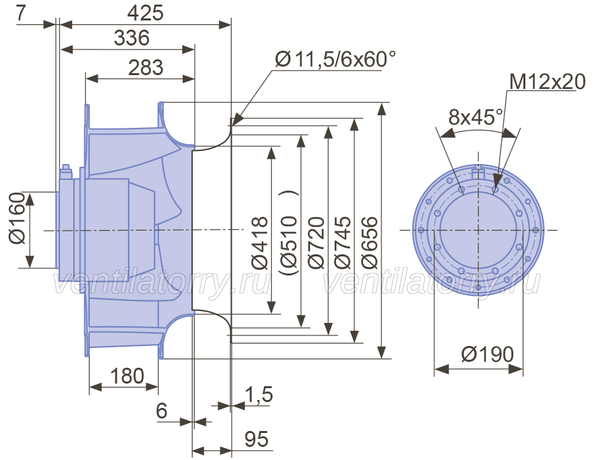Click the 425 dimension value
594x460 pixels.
click(x=145, y=13)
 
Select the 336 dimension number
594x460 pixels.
click(x=132, y=38)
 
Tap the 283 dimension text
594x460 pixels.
click(x=146, y=68)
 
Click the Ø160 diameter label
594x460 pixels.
click(x=17, y=218)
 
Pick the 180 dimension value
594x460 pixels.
click(x=127, y=376)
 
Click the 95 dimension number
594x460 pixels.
click(x=257, y=439)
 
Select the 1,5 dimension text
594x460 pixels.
click(x=259, y=395)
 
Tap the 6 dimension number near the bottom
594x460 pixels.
click(x=162, y=411)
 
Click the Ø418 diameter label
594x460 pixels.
click(x=260, y=243)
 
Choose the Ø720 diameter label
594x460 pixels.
click(x=316, y=243)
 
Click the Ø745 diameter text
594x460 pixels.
click(x=343, y=243)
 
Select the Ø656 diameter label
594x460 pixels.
click(x=370, y=243)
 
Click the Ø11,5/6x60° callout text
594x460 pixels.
click(x=335, y=59)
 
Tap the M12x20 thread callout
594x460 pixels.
click(x=547, y=82)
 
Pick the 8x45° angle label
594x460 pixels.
click(x=476, y=117)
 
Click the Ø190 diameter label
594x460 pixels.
click(x=488, y=355)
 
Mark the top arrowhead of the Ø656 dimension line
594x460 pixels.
click(x=383, y=109)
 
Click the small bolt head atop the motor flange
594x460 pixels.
click(x=66, y=167)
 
